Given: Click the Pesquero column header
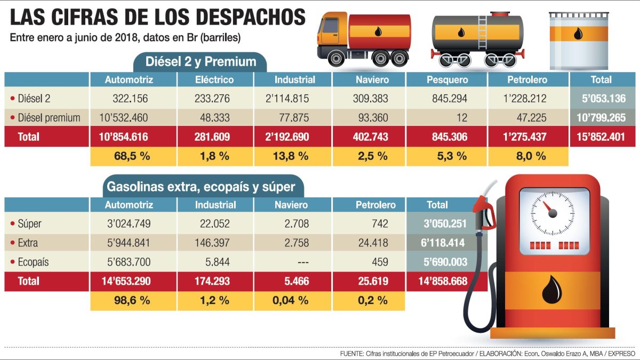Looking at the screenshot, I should pos(447,80).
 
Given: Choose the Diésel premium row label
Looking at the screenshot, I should pos(49,117).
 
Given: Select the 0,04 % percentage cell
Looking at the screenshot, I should pos(290,300).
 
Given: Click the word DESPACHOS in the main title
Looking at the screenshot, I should pos(251,18).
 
